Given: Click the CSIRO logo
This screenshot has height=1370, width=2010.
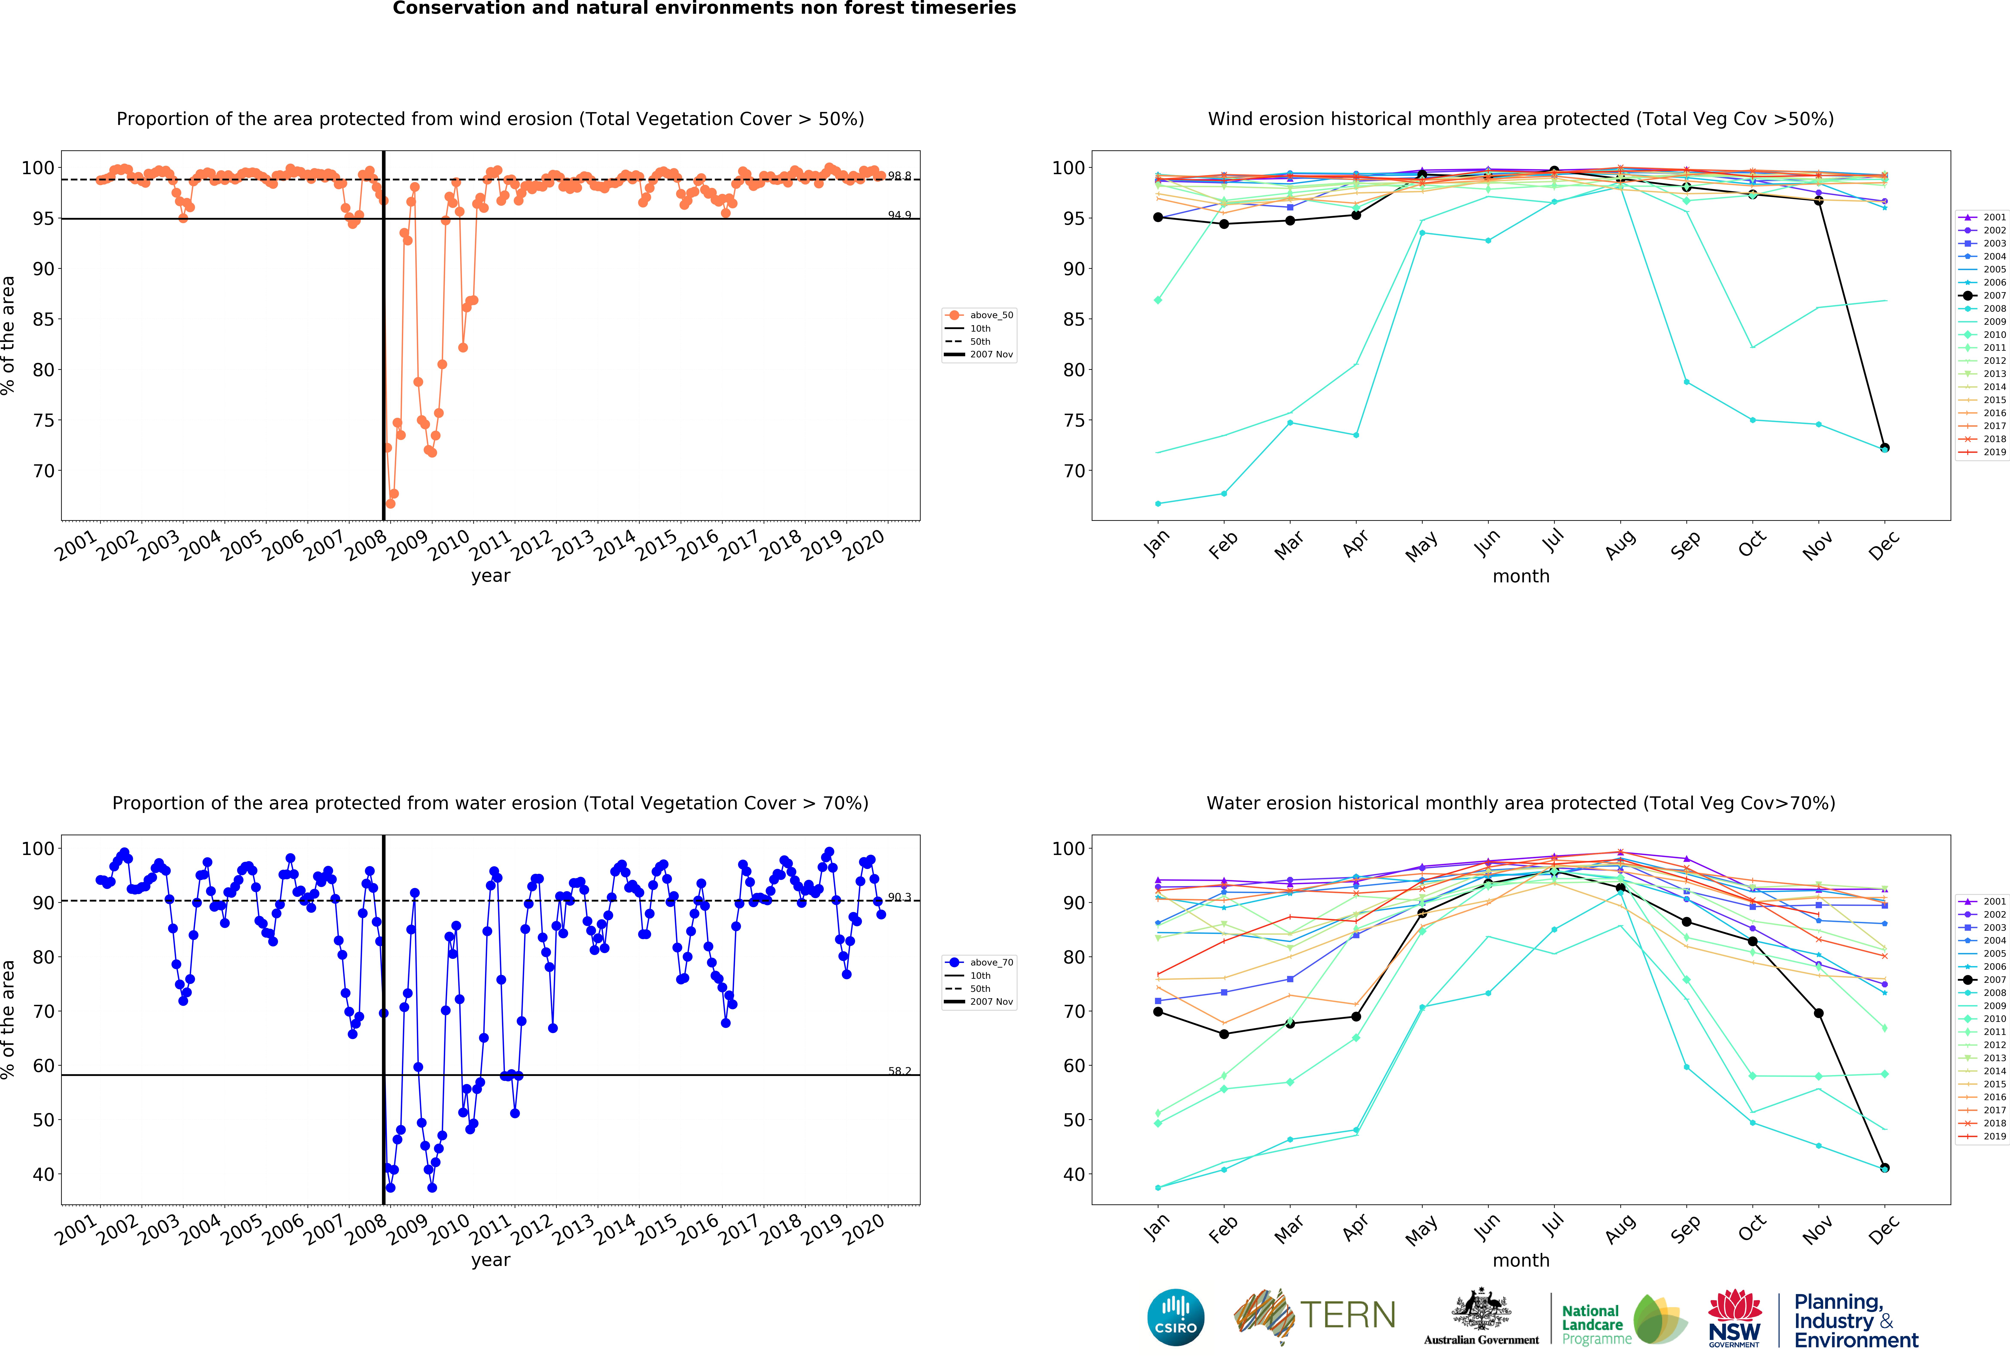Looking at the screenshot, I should coord(1175,1317).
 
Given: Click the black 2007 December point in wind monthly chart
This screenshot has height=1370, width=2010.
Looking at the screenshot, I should coord(1885,448).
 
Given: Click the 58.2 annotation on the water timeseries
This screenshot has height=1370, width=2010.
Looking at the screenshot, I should coord(899,1071).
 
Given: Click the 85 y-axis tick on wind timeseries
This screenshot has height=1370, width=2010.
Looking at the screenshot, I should coord(43,319).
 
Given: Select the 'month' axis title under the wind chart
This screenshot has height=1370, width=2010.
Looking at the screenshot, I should coord(1520,576).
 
